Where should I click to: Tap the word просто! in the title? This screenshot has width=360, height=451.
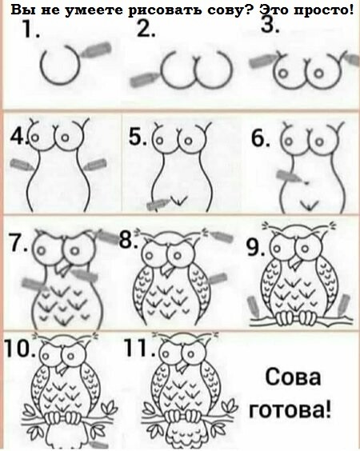coord(324,10)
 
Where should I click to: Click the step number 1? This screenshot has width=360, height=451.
coord(30,30)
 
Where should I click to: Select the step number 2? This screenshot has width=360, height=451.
coord(146,29)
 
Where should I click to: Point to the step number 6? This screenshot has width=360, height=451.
coord(261,138)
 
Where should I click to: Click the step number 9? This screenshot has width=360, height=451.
coord(255,247)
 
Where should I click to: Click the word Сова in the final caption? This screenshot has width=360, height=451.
coord(293,377)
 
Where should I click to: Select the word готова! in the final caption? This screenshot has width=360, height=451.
coord(290,410)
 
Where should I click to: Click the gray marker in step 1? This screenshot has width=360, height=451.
coord(96,50)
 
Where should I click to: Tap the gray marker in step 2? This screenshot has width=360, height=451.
coord(143,79)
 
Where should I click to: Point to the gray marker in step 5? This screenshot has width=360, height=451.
coord(158,204)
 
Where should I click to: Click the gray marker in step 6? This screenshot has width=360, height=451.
coord(290,176)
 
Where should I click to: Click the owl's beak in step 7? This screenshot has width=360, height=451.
coord(62,268)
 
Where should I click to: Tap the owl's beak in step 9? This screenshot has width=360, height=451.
coord(296,261)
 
